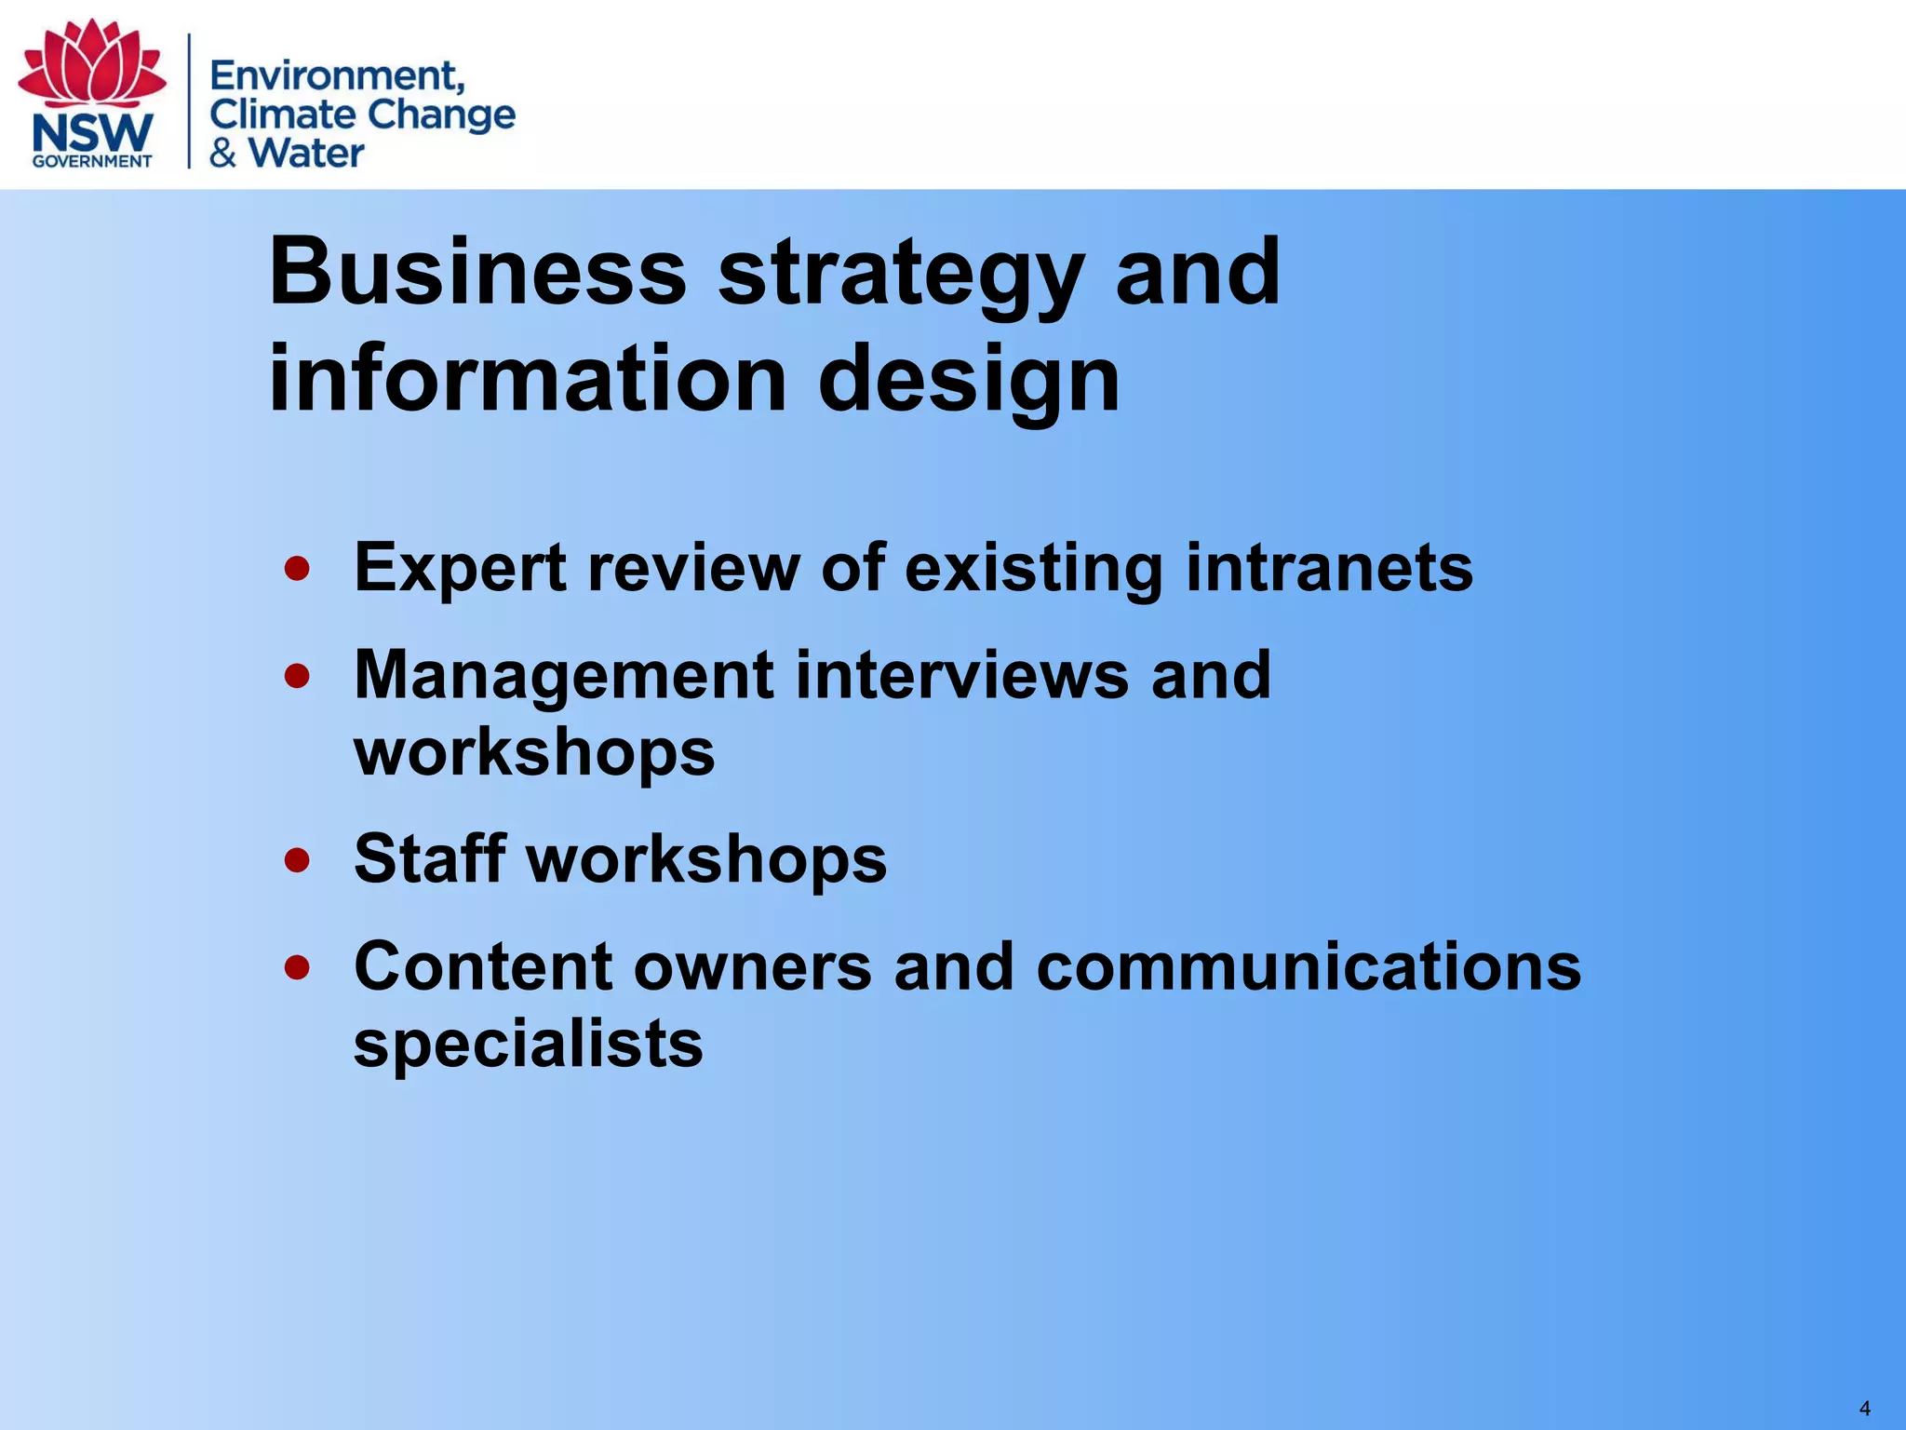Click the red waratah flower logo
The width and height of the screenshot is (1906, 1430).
92,63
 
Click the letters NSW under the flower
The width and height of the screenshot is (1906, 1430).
92,133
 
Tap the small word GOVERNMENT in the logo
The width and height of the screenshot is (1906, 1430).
92,161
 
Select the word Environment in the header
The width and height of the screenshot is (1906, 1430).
336,74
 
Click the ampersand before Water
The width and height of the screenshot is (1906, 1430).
222,153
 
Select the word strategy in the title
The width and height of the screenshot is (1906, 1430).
900,274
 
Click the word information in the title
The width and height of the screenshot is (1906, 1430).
527,377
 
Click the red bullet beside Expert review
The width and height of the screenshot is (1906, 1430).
297,568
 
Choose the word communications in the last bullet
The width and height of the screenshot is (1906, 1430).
1308,965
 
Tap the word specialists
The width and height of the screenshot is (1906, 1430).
528,1044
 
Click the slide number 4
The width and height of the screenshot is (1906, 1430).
1864,1409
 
